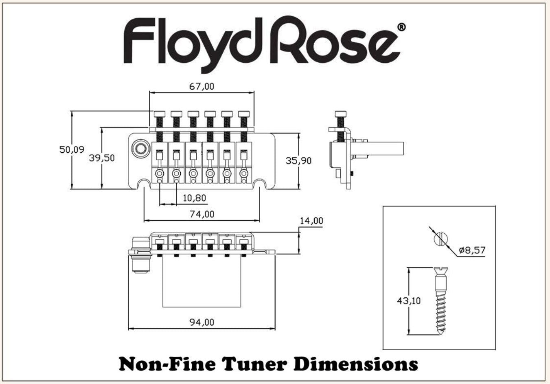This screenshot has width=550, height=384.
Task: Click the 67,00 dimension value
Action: pos(202,86)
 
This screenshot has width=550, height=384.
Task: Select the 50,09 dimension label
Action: pos(72,149)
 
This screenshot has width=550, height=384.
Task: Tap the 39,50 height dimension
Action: pos(101,158)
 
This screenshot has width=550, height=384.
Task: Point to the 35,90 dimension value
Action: pos(298,160)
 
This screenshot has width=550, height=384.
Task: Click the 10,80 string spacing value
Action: pos(194,198)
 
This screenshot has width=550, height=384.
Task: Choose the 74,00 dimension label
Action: pos(202,214)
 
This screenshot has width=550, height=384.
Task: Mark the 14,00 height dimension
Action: pos(311,221)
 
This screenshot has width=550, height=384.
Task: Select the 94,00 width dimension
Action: pos(202,322)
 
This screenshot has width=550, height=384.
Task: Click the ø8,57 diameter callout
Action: pos(472,250)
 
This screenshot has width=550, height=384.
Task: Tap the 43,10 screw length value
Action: pos(409,301)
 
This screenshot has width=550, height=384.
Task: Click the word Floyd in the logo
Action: pos(185,41)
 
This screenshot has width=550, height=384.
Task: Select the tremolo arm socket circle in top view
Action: pos(141,148)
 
